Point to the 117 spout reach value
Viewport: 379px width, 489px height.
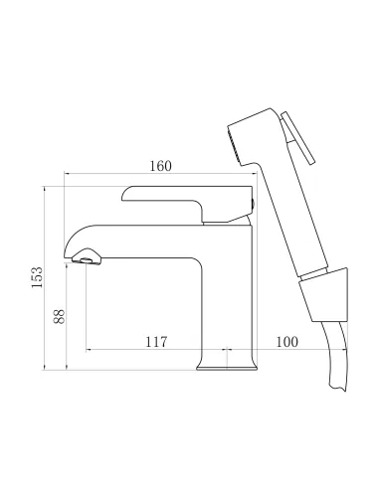155,342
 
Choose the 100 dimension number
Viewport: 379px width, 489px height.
286,342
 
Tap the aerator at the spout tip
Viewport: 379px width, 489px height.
87,261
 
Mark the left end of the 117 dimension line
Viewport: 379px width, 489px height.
88,351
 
